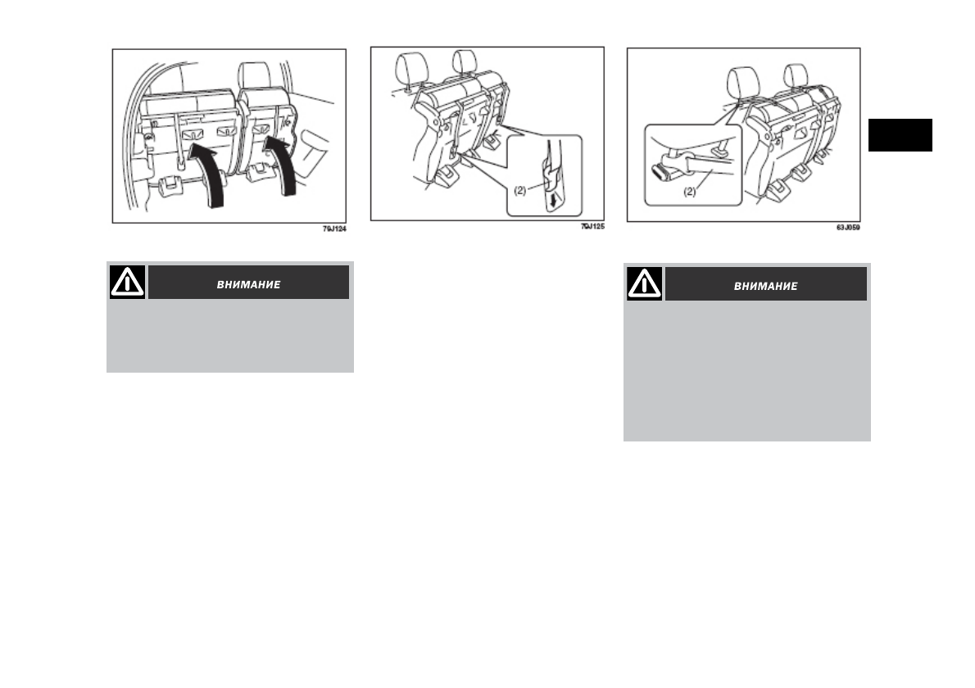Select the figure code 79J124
coord(334,229)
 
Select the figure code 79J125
coord(592,226)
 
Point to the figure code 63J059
coord(848,228)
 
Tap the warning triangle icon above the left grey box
coord(128,282)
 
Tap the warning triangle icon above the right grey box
coord(644,284)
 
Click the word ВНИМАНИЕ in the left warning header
coord(249,285)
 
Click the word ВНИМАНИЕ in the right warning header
coord(765,287)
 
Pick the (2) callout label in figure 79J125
coord(519,191)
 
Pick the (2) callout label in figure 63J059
coord(690,192)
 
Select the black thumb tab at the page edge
coord(900,135)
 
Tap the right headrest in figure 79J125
coord(465,62)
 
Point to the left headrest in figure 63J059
coord(743,84)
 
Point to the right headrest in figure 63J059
coord(796,76)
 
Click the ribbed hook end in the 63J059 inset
coord(661,171)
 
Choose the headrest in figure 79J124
coord(254,76)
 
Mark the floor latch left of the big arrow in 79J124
coord(170,186)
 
